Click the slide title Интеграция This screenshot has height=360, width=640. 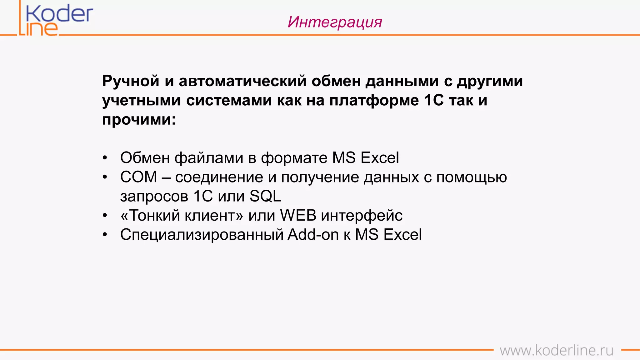pyautogui.click(x=335, y=22)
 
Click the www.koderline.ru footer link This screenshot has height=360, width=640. pyautogui.click(x=557, y=350)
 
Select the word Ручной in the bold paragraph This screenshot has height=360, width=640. pyautogui.click(x=131, y=81)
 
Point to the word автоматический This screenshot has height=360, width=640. pyautogui.click(x=242, y=81)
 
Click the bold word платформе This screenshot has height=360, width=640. pyautogui.click(x=374, y=101)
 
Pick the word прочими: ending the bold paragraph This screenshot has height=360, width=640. pyautogui.click(x=139, y=120)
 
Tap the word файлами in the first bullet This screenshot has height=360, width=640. pyautogui.click(x=209, y=158)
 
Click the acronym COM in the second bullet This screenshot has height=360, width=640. pyautogui.click(x=138, y=177)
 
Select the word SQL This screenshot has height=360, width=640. pyautogui.click(x=265, y=196)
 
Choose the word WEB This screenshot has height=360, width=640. pyautogui.click(x=298, y=216)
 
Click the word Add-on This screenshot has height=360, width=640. pyautogui.click(x=313, y=235)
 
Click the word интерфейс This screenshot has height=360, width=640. pyautogui.click(x=362, y=216)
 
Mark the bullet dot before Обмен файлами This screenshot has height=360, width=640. pyautogui.click(x=105, y=158)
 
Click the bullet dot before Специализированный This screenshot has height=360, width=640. pyautogui.click(x=105, y=235)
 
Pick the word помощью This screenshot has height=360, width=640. pyautogui.click(x=472, y=177)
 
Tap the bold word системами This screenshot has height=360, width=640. pyautogui.click(x=229, y=101)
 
